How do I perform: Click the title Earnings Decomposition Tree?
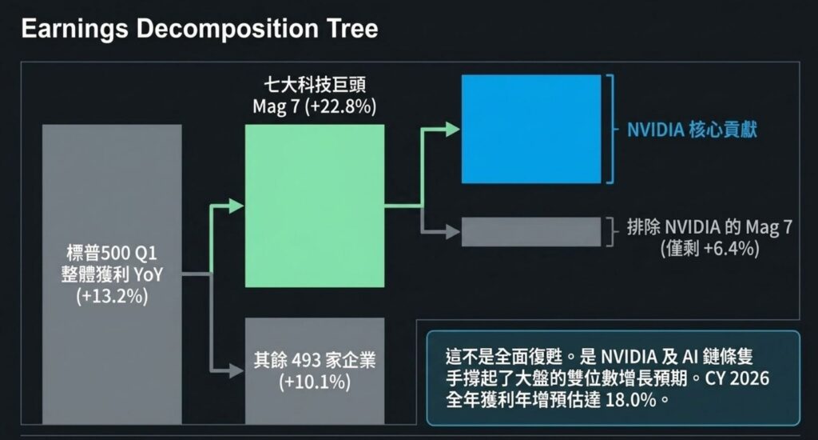coord(199,29)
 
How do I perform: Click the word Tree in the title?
coord(348,29)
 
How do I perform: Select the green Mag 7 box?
coord(314,206)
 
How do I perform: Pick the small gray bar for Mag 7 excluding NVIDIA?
coord(530,231)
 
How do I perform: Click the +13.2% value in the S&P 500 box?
coord(112,297)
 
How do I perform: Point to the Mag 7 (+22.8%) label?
coord(314,106)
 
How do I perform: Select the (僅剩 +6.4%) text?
coord(709,249)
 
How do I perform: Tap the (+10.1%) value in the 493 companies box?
coord(315,382)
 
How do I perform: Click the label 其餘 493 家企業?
coord(315,361)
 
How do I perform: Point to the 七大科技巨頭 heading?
coord(314,84)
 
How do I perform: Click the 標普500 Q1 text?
coord(112,254)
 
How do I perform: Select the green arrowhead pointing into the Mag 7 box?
coord(236,206)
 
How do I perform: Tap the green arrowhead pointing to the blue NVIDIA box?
coord(453,130)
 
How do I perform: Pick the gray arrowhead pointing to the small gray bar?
coord(453,232)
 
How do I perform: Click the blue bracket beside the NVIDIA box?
coord(610,130)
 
